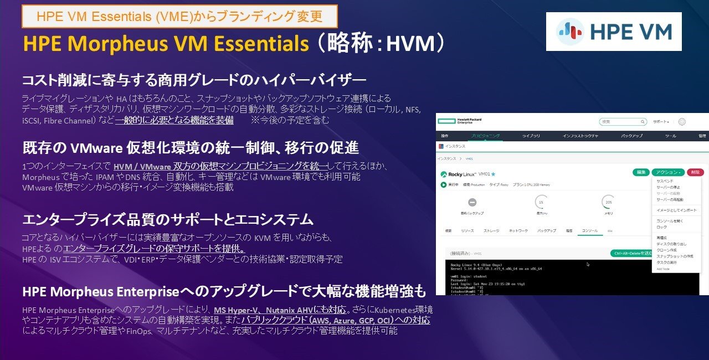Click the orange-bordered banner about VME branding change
[x=179, y=16]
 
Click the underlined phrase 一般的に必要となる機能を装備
[x=174, y=120]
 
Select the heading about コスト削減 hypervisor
[x=194, y=80]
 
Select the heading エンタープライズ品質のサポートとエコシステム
[x=167, y=219]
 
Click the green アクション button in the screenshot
[x=667, y=172]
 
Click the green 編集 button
[x=641, y=172]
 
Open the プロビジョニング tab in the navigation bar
[x=485, y=136]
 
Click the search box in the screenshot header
[x=623, y=121]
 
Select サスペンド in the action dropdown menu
[x=665, y=181]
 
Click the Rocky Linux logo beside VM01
[x=460, y=173]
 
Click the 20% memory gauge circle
[x=608, y=202]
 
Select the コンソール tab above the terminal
[x=589, y=230]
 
